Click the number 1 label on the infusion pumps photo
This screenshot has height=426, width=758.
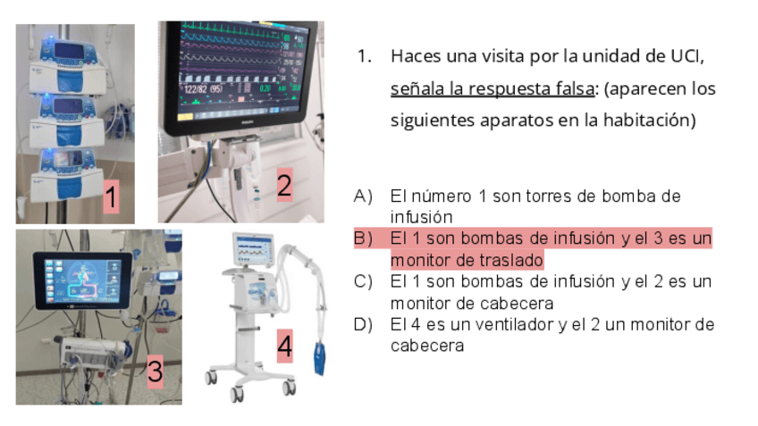[x=111, y=196]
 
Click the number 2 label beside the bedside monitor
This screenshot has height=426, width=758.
[x=284, y=185]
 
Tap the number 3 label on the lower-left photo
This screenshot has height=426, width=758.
[x=155, y=371]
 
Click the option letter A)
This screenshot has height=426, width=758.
[x=363, y=196]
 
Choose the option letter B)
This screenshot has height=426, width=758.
[x=363, y=238]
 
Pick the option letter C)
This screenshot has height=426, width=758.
[x=363, y=281]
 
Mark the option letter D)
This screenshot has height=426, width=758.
[x=363, y=324]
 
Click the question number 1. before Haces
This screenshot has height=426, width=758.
[x=365, y=56]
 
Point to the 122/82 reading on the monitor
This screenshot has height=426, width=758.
[x=202, y=89]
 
